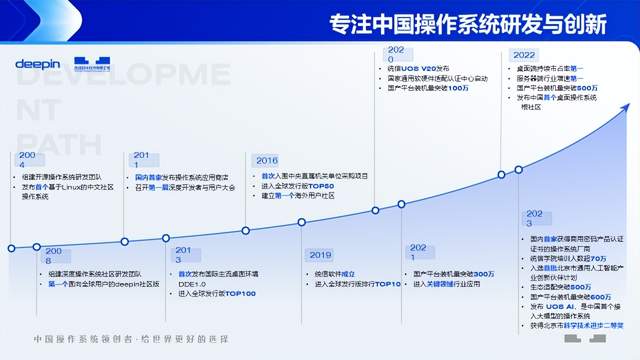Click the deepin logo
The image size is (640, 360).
pos(38,64)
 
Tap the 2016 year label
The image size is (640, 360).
pos(267,160)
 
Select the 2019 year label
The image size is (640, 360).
pos(320,255)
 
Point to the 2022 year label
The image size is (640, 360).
pos(523,55)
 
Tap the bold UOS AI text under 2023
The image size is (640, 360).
pos(565,304)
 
